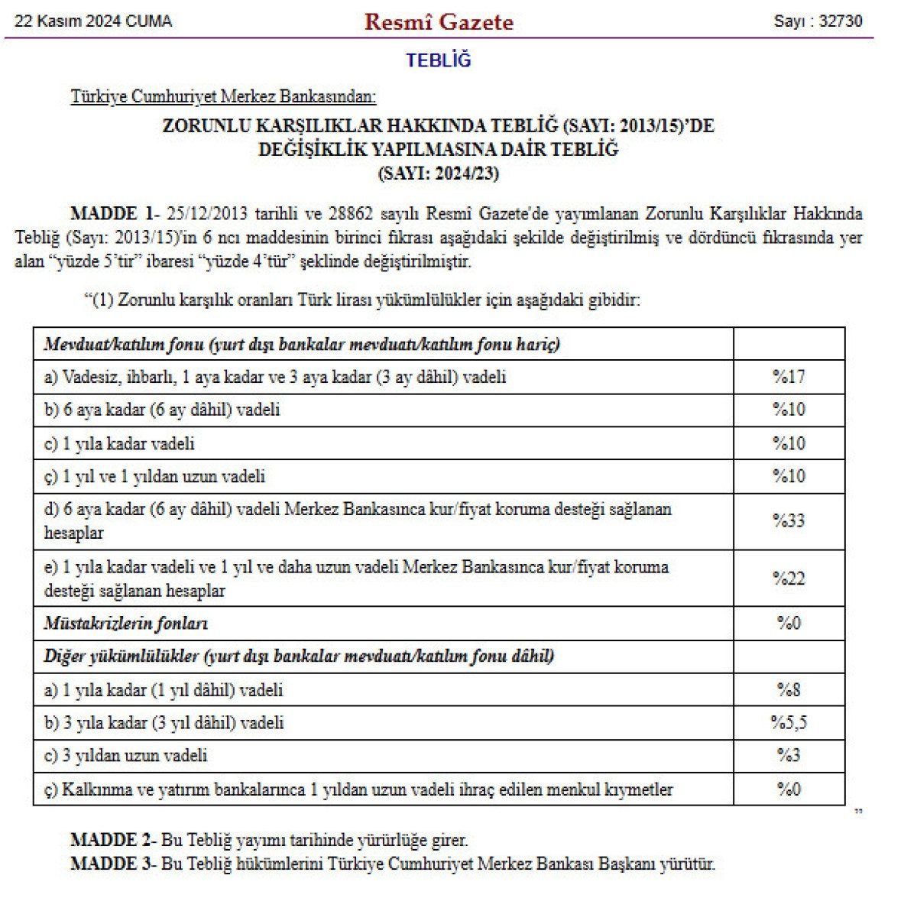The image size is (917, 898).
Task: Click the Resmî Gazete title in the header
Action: point(439,21)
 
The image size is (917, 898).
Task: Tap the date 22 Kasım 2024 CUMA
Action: point(93,21)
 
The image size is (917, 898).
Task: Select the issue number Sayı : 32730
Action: point(818,21)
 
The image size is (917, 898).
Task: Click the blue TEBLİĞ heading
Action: point(439,60)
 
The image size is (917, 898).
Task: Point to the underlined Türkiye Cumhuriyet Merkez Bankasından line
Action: point(223,97)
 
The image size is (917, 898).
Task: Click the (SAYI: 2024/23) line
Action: point(439,173)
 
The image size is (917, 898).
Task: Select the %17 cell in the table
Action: point(789,377)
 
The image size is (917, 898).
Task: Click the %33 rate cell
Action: point(789,520)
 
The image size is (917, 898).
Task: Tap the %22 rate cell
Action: point(789,579)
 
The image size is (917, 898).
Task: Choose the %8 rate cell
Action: point(789,690)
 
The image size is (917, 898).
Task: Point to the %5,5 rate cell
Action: point(789,723)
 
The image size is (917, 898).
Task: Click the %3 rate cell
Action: point(789,756)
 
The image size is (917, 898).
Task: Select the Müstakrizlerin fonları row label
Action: point(126,624)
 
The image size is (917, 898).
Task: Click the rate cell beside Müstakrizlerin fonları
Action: point(789,624)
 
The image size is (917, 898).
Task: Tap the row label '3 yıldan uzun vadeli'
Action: point(126,756)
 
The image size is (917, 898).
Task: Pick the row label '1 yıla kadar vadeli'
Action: point(120,443)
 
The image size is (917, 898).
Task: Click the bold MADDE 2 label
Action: point(112,841)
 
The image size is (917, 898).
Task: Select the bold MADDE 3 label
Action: point(112,864)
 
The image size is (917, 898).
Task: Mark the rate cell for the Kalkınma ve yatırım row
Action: point(789,789)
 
